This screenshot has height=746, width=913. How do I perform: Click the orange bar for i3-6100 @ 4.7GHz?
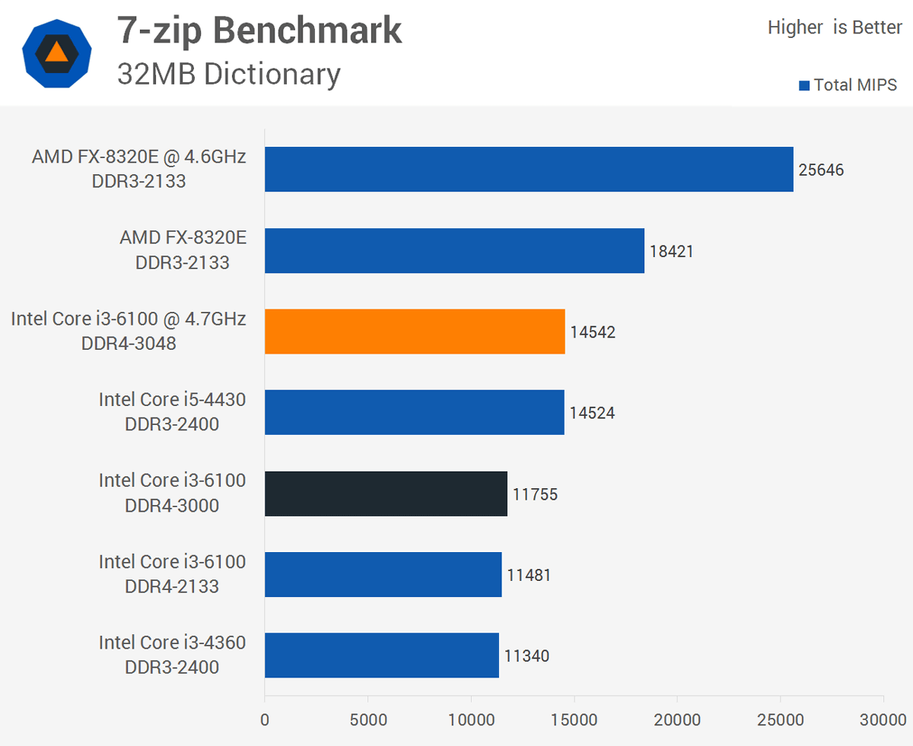coord(415,332)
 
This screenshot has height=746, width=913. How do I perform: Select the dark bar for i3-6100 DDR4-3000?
coord(386,494)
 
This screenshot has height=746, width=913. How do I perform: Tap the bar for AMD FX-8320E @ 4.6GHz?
coord(529,169)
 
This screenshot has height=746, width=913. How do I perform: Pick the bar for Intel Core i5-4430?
coord(415,412)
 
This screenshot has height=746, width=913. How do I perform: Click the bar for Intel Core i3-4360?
coord(381,656)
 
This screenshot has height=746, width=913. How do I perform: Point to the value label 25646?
coord(821,170)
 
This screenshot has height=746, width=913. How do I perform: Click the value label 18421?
coord(671,251)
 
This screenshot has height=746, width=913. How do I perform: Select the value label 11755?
coord(535,494)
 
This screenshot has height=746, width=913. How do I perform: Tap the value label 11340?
coord(526,656)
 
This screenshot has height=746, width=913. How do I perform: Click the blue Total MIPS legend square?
coord(803,86)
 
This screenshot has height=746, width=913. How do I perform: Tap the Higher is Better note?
coord(835,28)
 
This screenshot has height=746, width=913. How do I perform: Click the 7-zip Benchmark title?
coord(259,30)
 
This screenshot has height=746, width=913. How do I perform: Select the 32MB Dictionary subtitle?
coord(228,74)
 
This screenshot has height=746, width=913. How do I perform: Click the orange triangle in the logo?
coord(57,52)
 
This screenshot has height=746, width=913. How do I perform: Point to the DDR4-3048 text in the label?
coord(129,344)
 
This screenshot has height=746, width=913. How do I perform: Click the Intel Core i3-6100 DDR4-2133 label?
coord(172,573)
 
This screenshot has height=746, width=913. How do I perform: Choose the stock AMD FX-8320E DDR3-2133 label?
coord(183,249)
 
